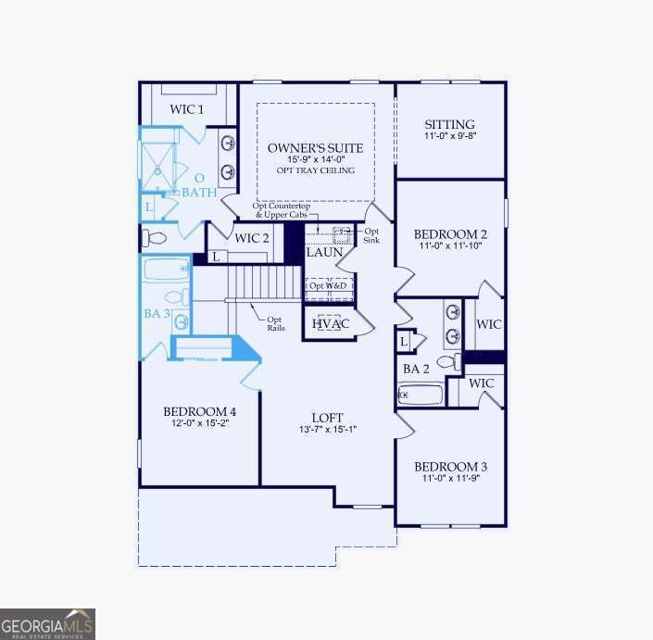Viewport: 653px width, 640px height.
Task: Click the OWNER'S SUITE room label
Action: pos(315,148)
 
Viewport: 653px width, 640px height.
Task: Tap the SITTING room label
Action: pos(449,125)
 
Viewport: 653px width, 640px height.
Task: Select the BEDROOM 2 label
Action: pos(450,234)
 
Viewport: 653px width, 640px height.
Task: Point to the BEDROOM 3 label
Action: pos(450,466)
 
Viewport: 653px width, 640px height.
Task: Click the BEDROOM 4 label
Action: pos(199,411)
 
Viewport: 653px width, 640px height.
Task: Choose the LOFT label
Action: pos(329,417)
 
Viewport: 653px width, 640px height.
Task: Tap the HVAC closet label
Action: pos(329,324)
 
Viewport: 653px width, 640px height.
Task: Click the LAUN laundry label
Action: pos(324,252)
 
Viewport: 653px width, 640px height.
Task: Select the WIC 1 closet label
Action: pos(187,109)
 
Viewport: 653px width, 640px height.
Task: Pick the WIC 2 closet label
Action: pos(252,238)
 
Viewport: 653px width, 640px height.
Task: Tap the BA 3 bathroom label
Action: pos(157,314)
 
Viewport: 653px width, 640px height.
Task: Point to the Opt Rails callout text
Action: pos(275,323)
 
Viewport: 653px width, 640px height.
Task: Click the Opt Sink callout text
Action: pos(370,235)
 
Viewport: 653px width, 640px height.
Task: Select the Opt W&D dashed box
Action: pos(329,286)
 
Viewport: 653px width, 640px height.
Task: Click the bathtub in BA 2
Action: pos(421,395)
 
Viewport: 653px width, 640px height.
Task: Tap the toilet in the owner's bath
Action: pos(156,238)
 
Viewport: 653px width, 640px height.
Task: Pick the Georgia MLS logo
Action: pos(47,623)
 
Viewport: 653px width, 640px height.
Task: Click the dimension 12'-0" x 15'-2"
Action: pos(199,423)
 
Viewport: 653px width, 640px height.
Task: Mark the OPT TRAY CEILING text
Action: pos(315,171)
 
